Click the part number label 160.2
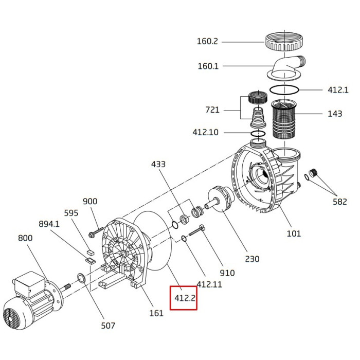point(207,41)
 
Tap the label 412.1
point(338,89)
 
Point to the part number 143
point(334,114)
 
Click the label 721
point(212,110)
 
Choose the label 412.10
point(206,132)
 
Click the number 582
point(339,202)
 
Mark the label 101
point(294,234)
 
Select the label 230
point(252,259)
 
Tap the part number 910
point(227,273)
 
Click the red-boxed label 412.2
point(184,298)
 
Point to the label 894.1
point(49,224)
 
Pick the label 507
point(108,325)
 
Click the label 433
point(158,165)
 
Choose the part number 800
point(25,238)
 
